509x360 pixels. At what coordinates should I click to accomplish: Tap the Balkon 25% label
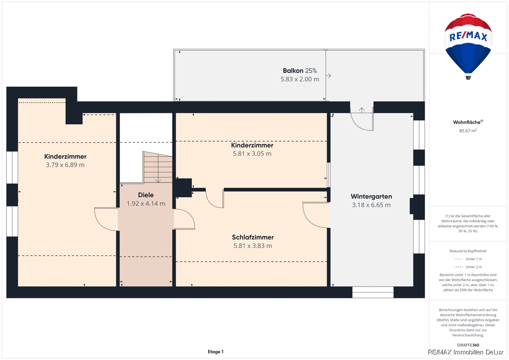pos(299,71)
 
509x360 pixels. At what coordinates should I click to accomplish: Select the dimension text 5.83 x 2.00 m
pos(299,79)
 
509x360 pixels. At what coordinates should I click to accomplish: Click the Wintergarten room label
pos(371,196)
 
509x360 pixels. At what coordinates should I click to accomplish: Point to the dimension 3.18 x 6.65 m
pos(371,205)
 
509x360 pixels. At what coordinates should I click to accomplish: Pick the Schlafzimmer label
pos(253,237)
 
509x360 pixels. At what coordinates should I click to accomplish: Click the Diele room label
pos(145,195)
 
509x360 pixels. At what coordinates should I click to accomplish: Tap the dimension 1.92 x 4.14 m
pos(145,203)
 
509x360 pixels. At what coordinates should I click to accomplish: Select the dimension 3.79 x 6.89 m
pos(65,165)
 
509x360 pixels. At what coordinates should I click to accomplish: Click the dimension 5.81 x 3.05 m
pos(252,154)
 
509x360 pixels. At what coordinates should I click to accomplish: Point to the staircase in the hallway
pos(158,167)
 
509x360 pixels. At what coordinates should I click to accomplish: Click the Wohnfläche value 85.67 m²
pos(468,130)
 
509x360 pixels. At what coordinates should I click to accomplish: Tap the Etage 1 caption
pos(215,352)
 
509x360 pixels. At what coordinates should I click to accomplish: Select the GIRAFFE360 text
pos(468,345)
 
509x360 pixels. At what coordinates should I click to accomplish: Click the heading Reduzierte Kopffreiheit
pos(468,251)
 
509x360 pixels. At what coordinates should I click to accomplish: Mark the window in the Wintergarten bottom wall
pos(373,292)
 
